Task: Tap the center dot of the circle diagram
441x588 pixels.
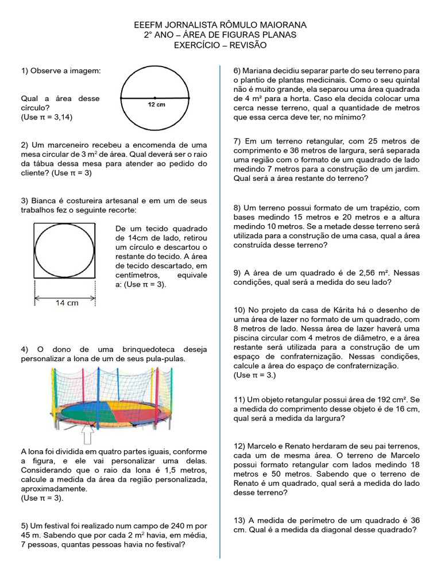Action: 154,98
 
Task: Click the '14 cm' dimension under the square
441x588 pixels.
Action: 67,303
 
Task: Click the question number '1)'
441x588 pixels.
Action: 25,71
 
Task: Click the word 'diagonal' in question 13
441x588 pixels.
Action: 339,530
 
